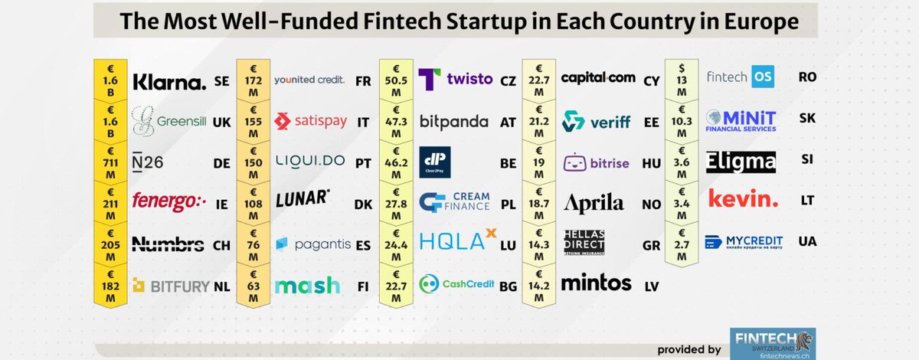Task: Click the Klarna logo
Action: pos(169,82)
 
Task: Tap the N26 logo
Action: pos(147,162)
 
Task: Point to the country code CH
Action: pos(221,245)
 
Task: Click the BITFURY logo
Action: pos(172,286)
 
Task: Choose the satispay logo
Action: pos(311,121)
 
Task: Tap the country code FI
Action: pos(364,286)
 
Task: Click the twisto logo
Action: pos(456,80)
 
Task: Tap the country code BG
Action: pos(508,286)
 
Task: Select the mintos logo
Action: pos(597,283)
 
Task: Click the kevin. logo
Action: pos(743,200)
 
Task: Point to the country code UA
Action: pos(806,241)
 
